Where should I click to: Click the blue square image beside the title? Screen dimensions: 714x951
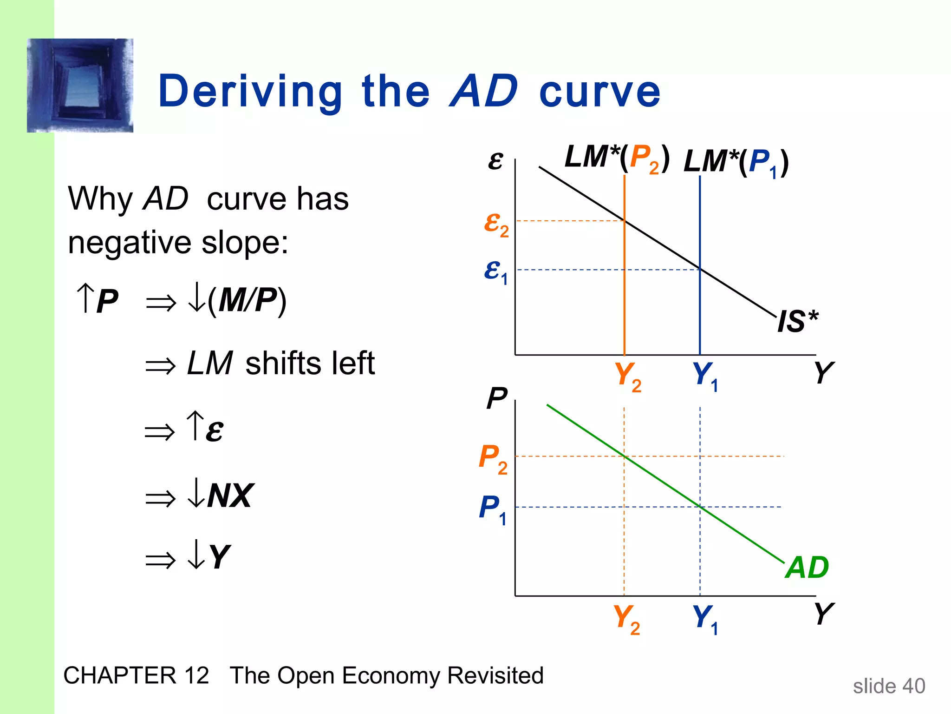(x=80, y=86)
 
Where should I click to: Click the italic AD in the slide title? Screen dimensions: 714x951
(x=484, y=91)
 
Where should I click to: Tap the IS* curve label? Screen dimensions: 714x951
(x=797, y=321)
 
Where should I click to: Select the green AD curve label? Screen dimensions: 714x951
(x=807, y=568)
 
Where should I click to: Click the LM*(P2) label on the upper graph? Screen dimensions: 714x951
(x=617, y=158)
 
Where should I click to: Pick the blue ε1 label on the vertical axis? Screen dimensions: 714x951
(x=495, y=271)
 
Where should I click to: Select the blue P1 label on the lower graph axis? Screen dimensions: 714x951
(x=493, y=509)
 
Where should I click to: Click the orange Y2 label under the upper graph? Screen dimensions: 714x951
(x=627, y=377)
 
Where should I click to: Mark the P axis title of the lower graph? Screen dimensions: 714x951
(x=497, y=398)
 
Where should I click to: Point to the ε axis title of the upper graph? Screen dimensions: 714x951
(x=495, y=161)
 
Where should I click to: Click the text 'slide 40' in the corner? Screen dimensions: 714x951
(x=889, y=686)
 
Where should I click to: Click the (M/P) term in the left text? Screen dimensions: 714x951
(x=247, y=301)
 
